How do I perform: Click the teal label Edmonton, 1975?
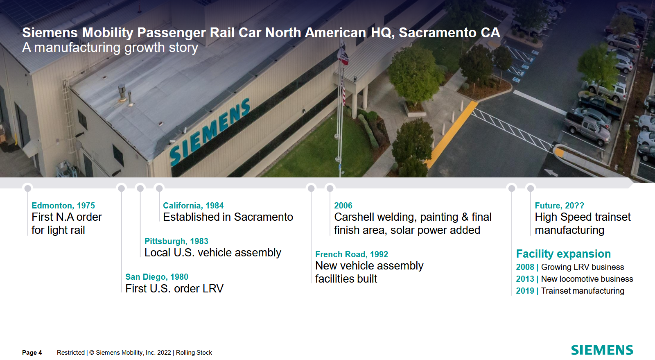point(63,206)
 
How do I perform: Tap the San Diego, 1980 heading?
point(157,276)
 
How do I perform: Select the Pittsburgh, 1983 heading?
point(176,241)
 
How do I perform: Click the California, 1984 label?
point(193,206)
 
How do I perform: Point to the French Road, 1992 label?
point(352,254)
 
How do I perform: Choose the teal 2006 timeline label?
point(343,206)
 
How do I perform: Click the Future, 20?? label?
point(559,206)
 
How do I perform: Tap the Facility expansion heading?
point(563,254)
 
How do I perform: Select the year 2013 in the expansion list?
point(525,279)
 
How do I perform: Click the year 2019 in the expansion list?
point(525,291)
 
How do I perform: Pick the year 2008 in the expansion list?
point(525,267)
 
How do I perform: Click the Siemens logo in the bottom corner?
point(602,350)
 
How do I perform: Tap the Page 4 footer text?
point(32,353)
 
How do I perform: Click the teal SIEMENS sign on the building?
point(210,132)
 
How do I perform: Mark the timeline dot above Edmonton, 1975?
point(28,188)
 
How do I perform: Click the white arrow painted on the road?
point(551,173)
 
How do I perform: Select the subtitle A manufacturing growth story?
point(110,48)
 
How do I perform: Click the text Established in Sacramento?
point(228,217)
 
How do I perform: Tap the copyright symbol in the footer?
point(92,353)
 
